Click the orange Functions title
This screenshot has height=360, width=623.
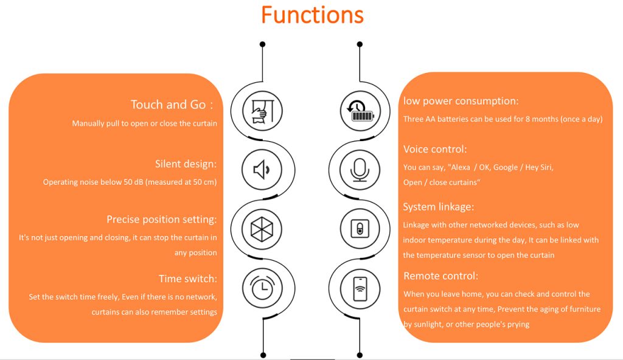[312, 15]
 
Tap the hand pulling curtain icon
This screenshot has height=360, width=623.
[263, 111]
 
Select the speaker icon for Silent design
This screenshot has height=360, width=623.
[262, 170]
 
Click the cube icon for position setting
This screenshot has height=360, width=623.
[262, 229]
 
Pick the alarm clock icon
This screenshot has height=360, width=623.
[262, 287]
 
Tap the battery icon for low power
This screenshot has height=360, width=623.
[360, 111]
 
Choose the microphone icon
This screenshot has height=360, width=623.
[360, 170]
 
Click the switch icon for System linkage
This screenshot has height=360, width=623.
[360, 229]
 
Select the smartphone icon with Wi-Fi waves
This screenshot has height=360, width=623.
[360, 289]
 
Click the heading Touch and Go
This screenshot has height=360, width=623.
[172, 105]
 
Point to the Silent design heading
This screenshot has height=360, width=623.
[186, 164]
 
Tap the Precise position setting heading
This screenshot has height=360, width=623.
[162, 220]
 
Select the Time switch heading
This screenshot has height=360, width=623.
[188, 279]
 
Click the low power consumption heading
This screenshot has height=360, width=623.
[461, 101]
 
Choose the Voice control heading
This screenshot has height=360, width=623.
[435, 149]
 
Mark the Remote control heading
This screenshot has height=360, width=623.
[441, 275]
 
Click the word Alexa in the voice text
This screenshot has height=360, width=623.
[461, 167]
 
